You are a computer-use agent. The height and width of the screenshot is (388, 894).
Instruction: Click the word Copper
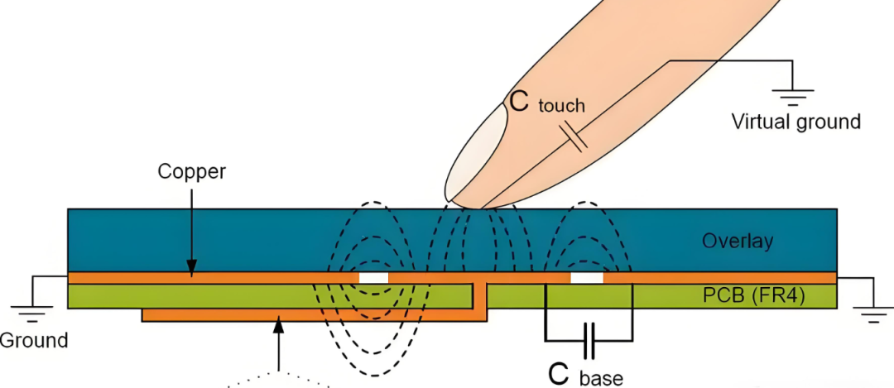click(x=192, y=171)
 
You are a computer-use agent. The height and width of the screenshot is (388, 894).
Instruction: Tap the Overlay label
click(x=738, y=241)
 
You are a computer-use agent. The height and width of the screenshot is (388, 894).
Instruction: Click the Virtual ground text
click(x=796, y=122)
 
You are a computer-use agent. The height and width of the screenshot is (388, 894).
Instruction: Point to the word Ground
click(x=32, y=340)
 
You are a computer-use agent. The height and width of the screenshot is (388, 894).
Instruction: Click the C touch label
click(x=547, y=102)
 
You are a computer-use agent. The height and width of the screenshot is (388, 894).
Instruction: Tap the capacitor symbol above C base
click(x=589, y=341)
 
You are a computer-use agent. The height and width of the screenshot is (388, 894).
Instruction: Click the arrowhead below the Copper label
click(x=192, y=266)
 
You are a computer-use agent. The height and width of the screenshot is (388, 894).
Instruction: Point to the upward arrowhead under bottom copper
click(x=279, y=325)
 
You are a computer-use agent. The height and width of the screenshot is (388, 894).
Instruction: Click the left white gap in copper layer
click(x=373, y=278)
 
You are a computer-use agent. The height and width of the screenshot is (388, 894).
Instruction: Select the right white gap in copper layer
click(x=587, y=278)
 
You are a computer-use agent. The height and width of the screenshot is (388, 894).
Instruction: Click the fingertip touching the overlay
click(x=468, y=204)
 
